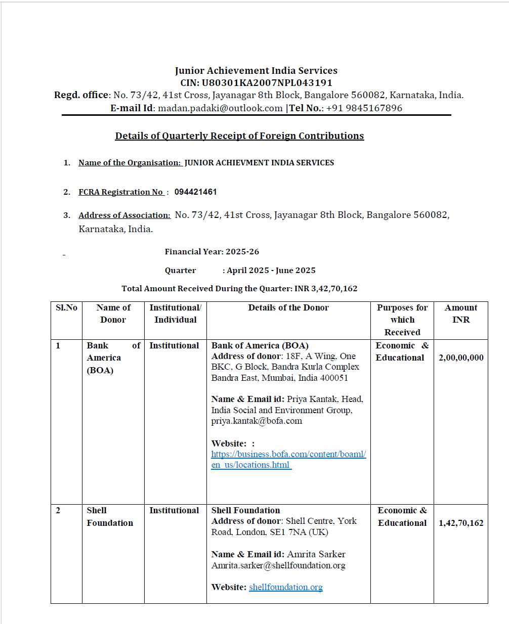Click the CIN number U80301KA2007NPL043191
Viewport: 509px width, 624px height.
point(267,83)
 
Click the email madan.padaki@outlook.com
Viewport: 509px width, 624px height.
point(220,108)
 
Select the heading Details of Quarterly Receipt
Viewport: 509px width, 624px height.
point(239,136)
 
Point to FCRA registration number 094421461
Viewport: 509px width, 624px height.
point(195,192)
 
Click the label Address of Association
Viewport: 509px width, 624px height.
point(124,215)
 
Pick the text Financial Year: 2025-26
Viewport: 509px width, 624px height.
point(212,252)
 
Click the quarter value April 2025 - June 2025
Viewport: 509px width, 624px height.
point(271,271)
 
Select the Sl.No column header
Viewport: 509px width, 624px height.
point(66,308)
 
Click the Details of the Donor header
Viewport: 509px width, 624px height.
point(288,308)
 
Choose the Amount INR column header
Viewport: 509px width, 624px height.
point(461,314)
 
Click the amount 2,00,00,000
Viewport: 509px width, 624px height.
point(461,358)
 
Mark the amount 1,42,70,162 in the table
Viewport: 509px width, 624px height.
point(461,523)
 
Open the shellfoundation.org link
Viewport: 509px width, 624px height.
point(286,587)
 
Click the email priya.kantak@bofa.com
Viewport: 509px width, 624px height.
point(257,421)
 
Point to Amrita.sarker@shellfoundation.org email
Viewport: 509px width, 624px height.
point(278,565)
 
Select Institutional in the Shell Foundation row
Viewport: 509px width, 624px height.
point(174,511)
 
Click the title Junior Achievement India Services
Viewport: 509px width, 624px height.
point(256,71)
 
